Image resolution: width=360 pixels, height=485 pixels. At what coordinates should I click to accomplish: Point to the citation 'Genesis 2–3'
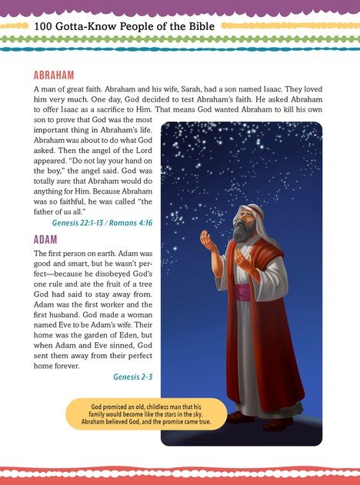point(133,377)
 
